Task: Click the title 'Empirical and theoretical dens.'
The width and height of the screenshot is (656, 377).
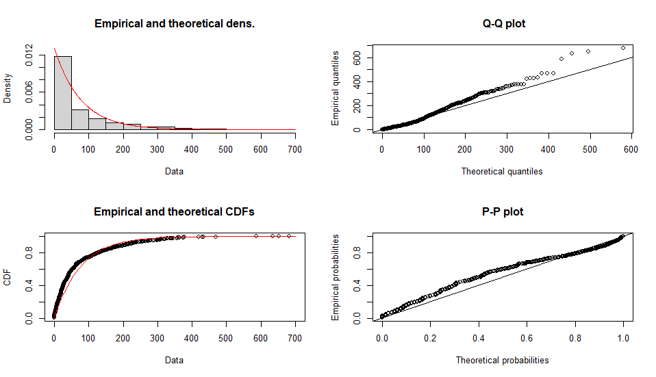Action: (174, 24)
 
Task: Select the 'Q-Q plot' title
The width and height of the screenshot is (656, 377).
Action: (504, 24)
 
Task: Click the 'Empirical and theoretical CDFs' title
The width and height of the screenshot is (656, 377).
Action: (174, 212)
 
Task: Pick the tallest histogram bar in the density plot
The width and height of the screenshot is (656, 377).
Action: (63, 92)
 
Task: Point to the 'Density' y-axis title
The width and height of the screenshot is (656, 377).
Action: (8, 88)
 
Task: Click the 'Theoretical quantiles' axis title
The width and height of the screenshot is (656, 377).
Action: (502, 171)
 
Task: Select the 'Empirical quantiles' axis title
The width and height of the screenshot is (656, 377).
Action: (336, 88)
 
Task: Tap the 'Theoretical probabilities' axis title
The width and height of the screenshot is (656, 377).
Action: (502, 360)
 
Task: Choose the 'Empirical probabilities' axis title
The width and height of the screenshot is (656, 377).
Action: (336, 277)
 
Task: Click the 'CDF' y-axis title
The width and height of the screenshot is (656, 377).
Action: (8, 277)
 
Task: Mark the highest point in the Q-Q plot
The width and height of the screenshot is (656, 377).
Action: (623, 48)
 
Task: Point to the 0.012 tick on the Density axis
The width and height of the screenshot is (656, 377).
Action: (29, 55)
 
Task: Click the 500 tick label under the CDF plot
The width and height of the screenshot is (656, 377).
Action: (226, 337)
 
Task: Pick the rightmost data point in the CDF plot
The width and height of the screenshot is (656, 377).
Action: (289, 236)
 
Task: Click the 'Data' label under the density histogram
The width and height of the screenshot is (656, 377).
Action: (174, 171)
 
